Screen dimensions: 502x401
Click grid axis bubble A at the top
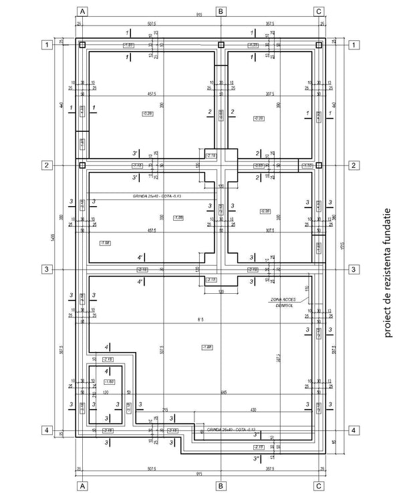[82, 11]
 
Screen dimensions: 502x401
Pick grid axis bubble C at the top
[319, 11]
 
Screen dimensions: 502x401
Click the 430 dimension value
[253, 409]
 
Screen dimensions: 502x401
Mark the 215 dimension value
[164, 409]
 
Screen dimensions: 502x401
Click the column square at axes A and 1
[82, 46]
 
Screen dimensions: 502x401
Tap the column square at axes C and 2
[319, 165]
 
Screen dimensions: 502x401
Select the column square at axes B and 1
[221, 46]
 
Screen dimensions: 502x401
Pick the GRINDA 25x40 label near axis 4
[231, 429]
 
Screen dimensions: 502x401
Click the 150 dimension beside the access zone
[306, 288]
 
